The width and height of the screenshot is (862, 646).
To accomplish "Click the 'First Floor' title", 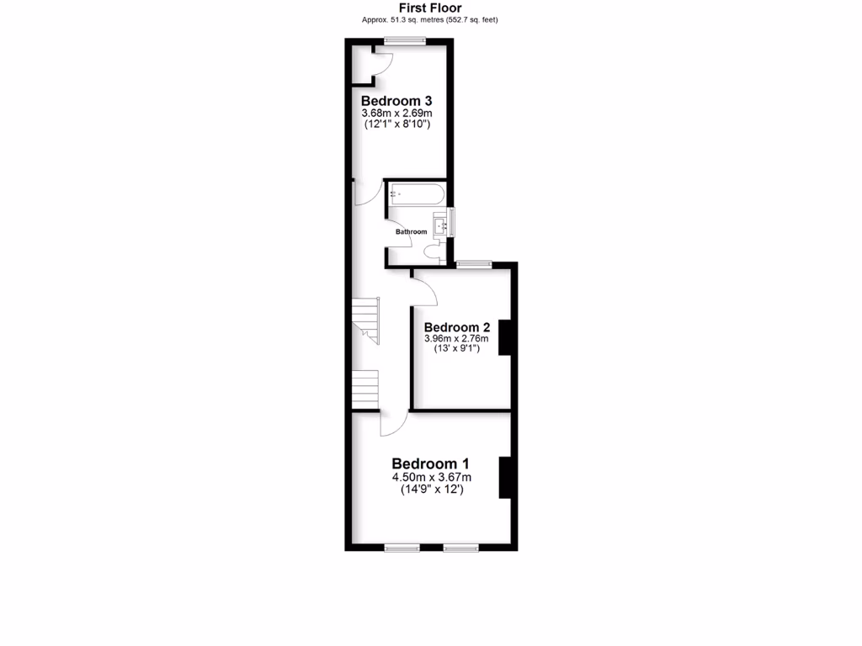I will [429, 8].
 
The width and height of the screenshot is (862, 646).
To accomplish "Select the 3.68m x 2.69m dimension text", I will [396, 114].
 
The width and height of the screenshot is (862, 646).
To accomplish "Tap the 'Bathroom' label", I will [412, 231].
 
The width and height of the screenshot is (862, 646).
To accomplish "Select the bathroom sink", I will [440, 225].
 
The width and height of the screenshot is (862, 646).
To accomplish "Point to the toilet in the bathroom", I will [435, 250].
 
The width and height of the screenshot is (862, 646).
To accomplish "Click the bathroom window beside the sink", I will [451, 222].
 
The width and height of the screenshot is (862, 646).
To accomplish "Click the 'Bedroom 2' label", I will [457, 327].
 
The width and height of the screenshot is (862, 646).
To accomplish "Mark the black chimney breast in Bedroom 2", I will [505, 337].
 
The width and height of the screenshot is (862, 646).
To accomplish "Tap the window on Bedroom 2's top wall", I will [475, 264].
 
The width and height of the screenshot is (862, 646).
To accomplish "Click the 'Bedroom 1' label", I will [430, 463].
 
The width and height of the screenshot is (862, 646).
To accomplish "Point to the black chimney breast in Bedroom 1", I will [505, 478].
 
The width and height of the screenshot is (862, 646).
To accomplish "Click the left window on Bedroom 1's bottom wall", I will [402, 548].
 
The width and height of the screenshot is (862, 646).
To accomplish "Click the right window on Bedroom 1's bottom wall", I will [460, 548].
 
